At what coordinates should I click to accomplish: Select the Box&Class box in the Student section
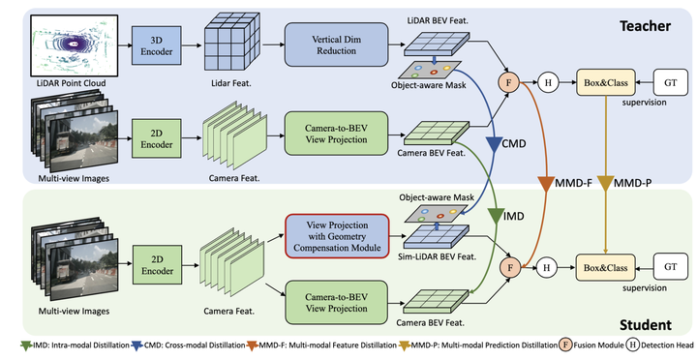pyautogui.click(x=603, y=262)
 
